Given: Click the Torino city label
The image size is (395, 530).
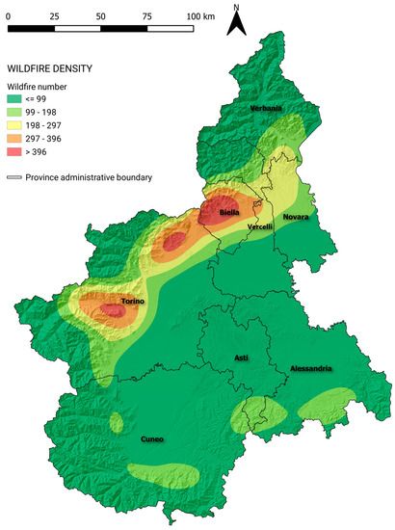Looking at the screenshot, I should coord(133,303).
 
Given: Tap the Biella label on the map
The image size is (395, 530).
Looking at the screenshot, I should coord(229,211).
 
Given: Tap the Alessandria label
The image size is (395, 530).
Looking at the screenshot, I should coord(311,369).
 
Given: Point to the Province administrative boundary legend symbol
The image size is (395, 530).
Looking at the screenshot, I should coord(15,177).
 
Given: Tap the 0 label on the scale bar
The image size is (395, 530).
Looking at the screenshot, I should coord(9,17).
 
